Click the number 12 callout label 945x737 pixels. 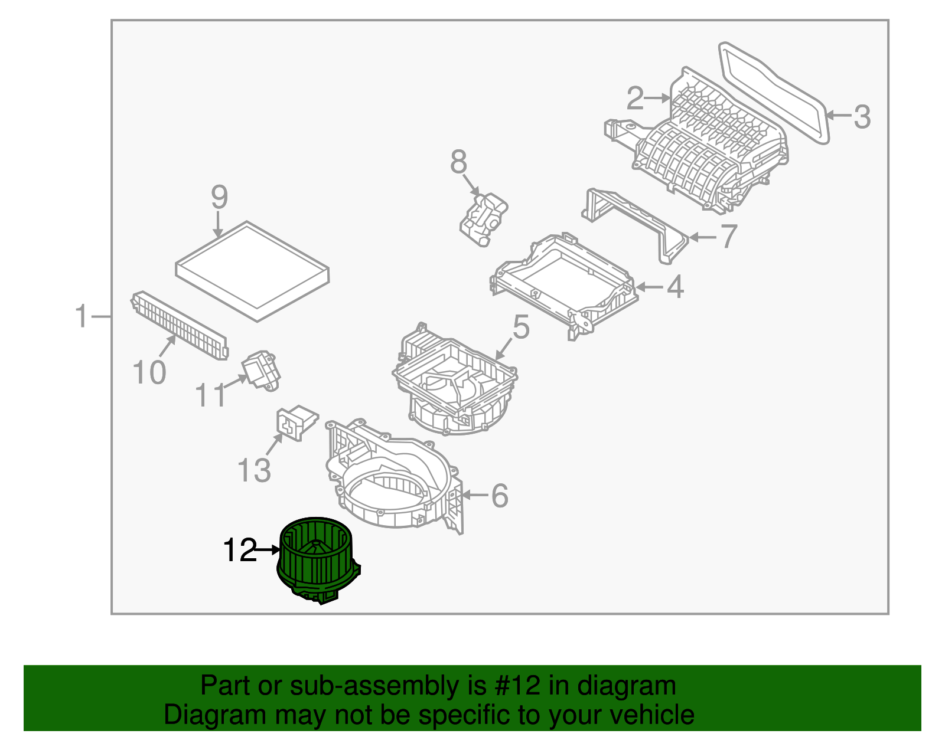click(x=240, y=551)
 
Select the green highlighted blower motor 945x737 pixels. click(x=319, y=560)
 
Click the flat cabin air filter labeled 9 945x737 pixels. click(x=253, y=271)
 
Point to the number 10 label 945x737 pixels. click(x=149, y=372)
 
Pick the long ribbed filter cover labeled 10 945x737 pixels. click(x=180, y=325)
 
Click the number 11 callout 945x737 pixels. click(x=210, y=395)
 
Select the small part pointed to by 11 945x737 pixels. click(x=261, y=371)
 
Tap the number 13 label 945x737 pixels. click(x=255, y=470)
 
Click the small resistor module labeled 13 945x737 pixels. click(x=297, y=423)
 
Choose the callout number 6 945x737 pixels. click(x=500, y=496)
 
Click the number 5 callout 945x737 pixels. click(x=522, y=327)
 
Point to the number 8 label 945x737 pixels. click(x=458, y=162)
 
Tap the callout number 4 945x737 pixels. click(x=675, y=287)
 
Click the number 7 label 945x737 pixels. click(x=729, y=236)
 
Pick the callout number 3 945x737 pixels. click(x=862, y=117)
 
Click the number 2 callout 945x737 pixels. click(x=636, y=98)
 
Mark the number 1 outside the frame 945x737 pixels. click(x=82, y=316)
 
